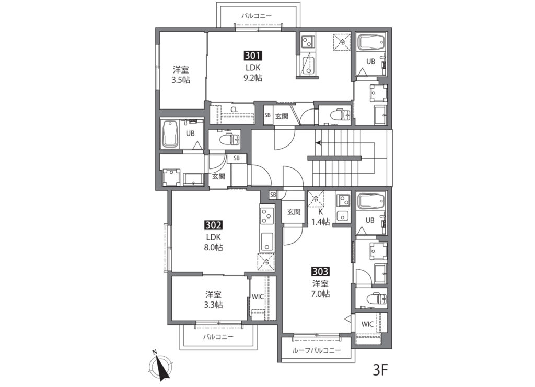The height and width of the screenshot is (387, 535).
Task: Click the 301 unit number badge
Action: coord(252,56)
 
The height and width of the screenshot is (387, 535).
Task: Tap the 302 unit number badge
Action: coord(214,225)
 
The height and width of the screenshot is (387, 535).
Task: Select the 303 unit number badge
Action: coord(320,272)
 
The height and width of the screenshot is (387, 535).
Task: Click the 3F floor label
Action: coord(380,370)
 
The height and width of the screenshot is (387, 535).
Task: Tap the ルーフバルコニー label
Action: coord(316,350)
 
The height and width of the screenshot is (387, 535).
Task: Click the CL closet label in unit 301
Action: coord(234,110)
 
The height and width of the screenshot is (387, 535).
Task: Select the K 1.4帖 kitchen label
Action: coord(320,217)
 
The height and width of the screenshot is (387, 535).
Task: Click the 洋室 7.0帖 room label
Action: coord(320,288)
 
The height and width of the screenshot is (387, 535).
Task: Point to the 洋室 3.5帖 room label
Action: coord(181,75)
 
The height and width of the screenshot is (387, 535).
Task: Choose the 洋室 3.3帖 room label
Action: coord(213,299)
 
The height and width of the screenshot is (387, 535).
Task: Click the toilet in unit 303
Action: coord(377,299)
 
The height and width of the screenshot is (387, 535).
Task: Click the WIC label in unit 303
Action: coord(367,324)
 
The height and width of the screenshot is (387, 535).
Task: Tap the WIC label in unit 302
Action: coord(258,297)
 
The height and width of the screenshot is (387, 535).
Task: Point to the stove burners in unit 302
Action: coord(267,216)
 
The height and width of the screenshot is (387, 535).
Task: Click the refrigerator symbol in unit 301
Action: coord(342,42)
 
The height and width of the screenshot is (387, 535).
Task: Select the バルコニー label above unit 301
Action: coord(257,16)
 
